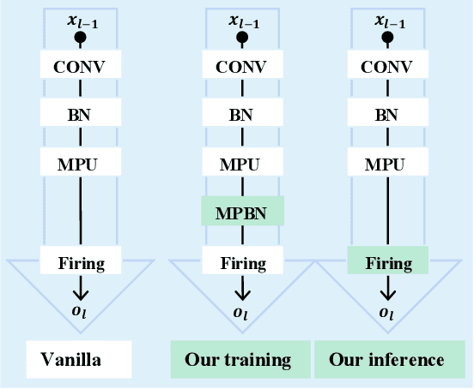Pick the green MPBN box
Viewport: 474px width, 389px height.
242,211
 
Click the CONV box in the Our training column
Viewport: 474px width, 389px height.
242,65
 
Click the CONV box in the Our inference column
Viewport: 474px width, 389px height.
387,65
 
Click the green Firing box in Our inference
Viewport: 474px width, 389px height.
387,261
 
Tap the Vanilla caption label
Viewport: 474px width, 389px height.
78,359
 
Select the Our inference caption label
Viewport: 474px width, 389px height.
386,359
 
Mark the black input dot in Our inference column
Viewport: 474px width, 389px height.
387,38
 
